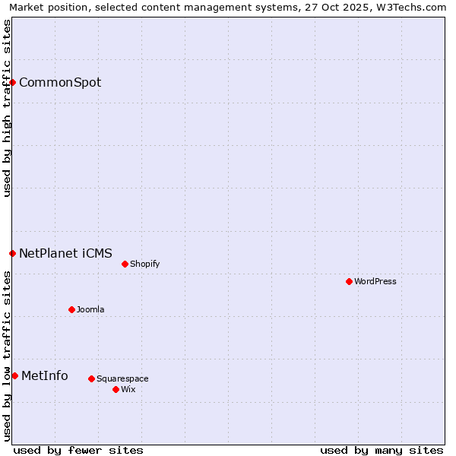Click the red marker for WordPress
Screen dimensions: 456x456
pyautogui.click(x=349, y=281)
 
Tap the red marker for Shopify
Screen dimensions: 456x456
pyautogui.click(x=125, y=264)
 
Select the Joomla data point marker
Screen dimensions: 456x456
pyautogui.click(x=71, y=309)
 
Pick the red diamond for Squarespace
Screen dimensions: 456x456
pyautogui.click(x=91, y=378)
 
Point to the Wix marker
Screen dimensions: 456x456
pyautogui.click(x=116, y=389)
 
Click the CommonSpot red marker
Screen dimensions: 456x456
pyautogui.click(x=13, y=82)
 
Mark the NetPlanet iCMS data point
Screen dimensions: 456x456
pyautogui.click(x=12, y=253)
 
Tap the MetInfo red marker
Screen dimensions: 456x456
pyautogui.click(x=14, y=375)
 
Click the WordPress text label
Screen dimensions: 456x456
pyautogui.click(x=375, y=281)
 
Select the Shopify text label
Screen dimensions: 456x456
pyautogui.click(x=145, y=264)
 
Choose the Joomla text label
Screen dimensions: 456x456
pyautogui.click(x=90, y=309)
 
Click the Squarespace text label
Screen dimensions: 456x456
pyautogui.click(x=122, y=378)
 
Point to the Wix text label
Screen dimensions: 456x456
pyautogui.click(x=128, y=389)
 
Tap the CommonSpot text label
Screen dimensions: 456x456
pyautogui.click(x=60, y=82)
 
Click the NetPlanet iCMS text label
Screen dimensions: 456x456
pyautogui.click(x=65, y=253)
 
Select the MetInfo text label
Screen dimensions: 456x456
pyautogui.click(x=45, y=375)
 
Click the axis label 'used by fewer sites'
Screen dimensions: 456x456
pyautogui.click(x=78, y=450)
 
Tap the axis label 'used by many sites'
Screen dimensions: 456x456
pyautogui.click(x=382, y=450)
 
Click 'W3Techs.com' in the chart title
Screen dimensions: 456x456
pyautogui.click(x=415, y=7)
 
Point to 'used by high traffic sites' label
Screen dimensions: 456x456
pyautogui.click(x=7, y=108)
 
